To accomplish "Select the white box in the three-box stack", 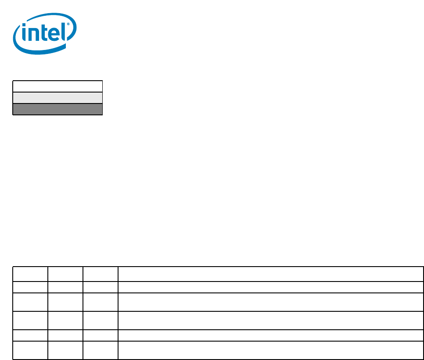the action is click(x=57, y=86).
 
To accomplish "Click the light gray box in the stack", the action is click(x=57, y=97).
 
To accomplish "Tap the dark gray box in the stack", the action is click(x=57, y=109).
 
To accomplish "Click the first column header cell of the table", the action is click(x=30, y=274).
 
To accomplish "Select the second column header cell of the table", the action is click(x=65, y=274).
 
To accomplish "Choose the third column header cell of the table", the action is click(x=101, y=274).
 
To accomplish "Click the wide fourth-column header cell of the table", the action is click(x=270, y=274).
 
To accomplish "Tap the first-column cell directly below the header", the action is click(x=30, y=287).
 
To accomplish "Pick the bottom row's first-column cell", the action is click(x=30, y=350).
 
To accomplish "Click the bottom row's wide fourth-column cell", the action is click(x=270, y=350).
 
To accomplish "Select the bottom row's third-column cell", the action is click(x=101, y=350).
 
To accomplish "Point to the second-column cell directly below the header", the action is click(x=65, y=287).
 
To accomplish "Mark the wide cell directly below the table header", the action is click(x=270, y=287).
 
